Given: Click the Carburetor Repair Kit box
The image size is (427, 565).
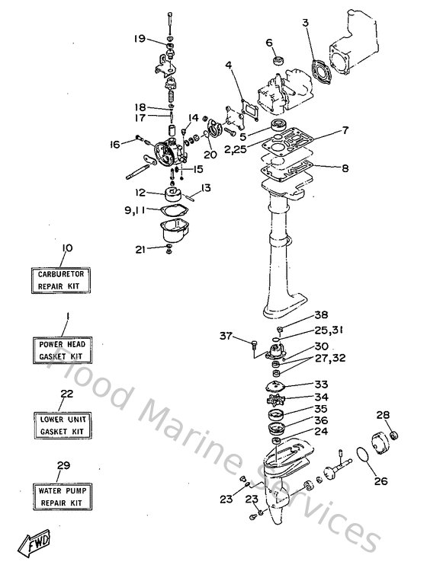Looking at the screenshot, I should coord(60,279).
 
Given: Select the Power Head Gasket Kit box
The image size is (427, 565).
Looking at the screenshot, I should coord(60,350).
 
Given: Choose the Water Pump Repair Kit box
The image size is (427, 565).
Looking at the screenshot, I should coord(60,497).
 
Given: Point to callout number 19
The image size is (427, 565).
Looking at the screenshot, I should coord(139,39).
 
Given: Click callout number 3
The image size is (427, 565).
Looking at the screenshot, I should coord(305,23).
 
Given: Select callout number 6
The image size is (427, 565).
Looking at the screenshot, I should coord(269,42).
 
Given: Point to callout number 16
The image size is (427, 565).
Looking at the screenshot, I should coord(116,143).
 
